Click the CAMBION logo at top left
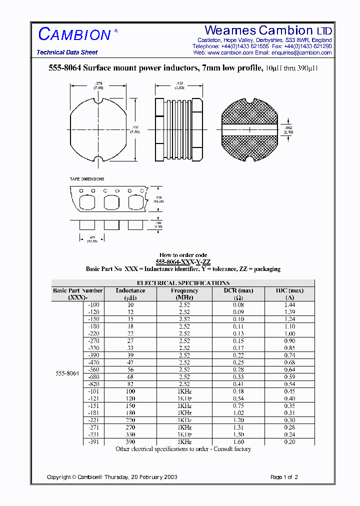tap(74, 34)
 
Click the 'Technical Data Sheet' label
tap(67, 52)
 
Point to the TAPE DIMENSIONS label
tap(87, 179)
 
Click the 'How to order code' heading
tap(183, 255)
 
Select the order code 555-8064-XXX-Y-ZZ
tap(183, 262)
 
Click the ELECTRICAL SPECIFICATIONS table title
tap(183, 283)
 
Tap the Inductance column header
tap(130, 290)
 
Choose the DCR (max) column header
tap(239, 290)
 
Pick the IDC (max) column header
tap(289, 290)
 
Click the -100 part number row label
tap(93, 304)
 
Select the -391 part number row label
tap(93, 442)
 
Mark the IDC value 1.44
tap(289, 304)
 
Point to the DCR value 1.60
tap(239, 442)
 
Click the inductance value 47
tap(130, 362)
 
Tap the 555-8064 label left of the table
tap(67, 373)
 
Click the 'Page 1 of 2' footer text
tap(284, 477)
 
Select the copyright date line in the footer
tap(112, 477)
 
